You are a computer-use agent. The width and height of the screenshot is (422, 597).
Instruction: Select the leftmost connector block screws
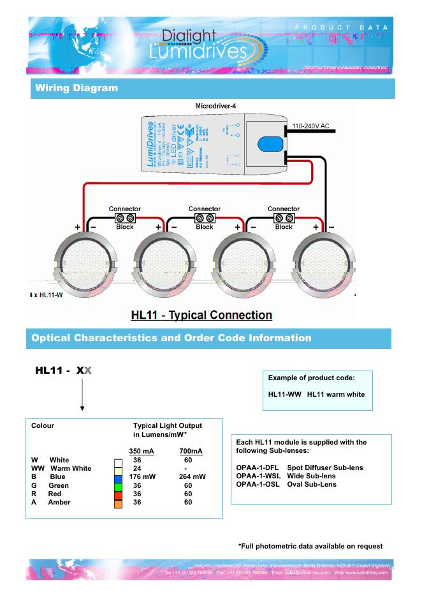(125, 218)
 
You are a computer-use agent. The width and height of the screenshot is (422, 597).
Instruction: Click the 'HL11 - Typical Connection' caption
(201, 315)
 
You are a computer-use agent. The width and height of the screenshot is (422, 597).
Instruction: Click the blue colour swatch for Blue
(118, 476)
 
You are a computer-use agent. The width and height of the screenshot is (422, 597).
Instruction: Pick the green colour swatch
(118, 485)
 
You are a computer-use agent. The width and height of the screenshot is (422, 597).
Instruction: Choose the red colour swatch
(118, 494)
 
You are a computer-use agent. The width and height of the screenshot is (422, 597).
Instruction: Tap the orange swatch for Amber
(118, 503)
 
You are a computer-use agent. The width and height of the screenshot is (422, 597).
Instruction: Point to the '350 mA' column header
(142, 451)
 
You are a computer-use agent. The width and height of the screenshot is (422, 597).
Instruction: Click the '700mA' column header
(191, 451)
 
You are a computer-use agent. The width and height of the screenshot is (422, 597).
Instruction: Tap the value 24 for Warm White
(136, 468)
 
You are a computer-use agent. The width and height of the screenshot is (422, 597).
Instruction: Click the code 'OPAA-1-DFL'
(257, 468)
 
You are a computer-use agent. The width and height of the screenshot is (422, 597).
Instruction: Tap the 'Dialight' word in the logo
(189, 36)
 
